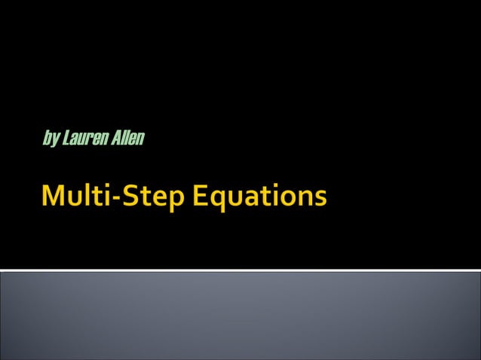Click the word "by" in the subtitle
pos(51,139)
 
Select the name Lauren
pos(84,139)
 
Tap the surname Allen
pos(127,139)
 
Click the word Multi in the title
pos(74,198)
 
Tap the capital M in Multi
pos(54,198)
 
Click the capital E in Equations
pos(198,198)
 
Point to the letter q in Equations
pos(216,202)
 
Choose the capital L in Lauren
pos(66,139)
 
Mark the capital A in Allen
pos(114,139)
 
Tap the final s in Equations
pos(321,200)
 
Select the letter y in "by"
pos(55,140)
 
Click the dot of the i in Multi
pos(104,188)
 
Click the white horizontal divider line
pos(240,270)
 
